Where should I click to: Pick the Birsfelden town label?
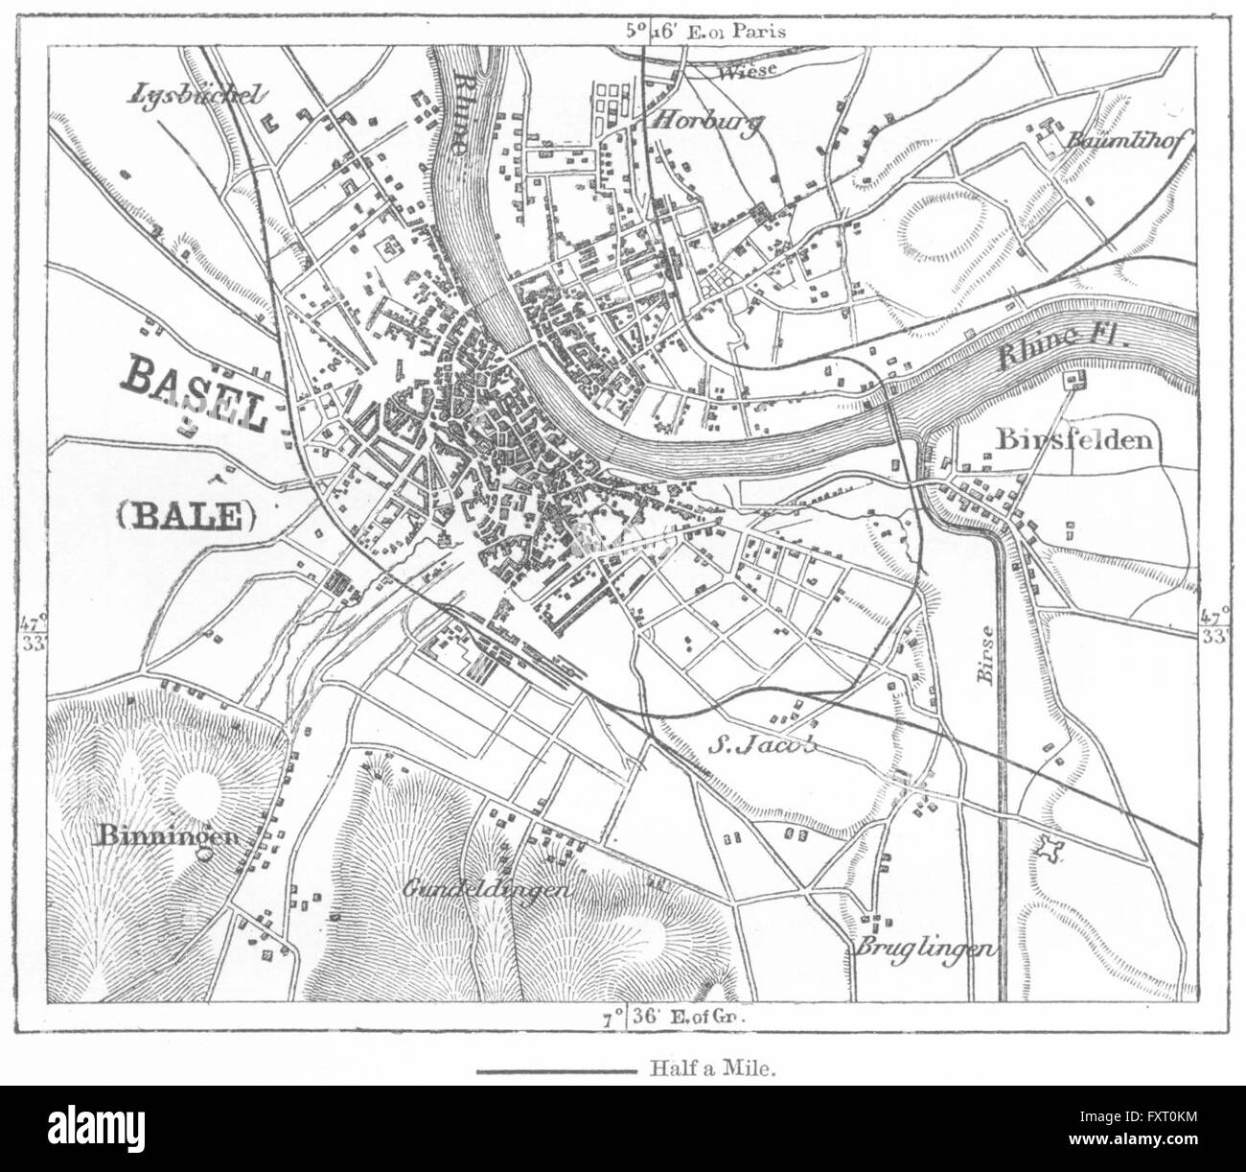point(1073,439)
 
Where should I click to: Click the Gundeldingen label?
point(488,887)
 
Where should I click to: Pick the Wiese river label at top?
point(744,73)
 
